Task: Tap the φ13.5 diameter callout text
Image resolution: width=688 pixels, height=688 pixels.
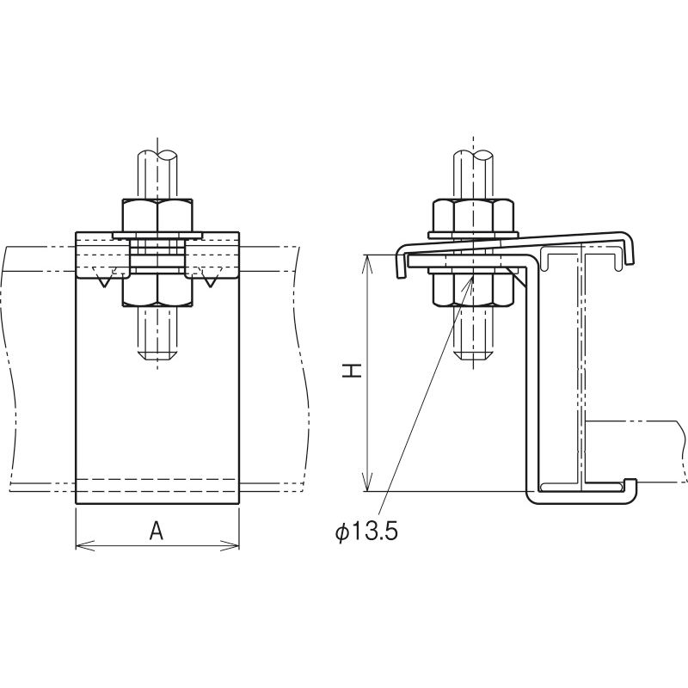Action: [366, 532]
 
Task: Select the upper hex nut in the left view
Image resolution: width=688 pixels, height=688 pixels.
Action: [157, 216]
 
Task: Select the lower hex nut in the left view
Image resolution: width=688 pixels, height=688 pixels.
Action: [157, 290]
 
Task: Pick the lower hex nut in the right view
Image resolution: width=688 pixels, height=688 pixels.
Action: [474, 289]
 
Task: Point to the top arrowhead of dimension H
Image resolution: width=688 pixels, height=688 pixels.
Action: [368, 263]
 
